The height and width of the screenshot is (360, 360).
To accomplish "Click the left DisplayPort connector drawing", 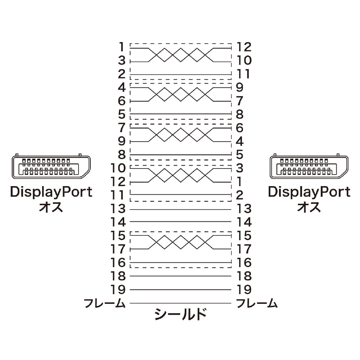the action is [x=51, y=166].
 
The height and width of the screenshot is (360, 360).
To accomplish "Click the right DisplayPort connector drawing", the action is [x=309, y=166].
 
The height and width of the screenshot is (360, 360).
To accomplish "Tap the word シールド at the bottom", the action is [x=180, y=314].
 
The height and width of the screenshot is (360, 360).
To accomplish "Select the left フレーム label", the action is [x=105, y=303].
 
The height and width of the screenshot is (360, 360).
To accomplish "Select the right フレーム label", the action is [x=257, y=303].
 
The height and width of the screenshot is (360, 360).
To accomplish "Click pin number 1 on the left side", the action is [x=122, y=47].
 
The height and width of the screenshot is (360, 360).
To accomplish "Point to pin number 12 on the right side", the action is [x=244, y=47].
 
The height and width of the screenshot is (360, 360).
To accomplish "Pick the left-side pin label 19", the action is [x=118, y=289].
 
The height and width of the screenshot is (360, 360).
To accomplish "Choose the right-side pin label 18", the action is [x=244, y=276].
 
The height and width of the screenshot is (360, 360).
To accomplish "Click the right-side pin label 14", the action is [x=244, y=222].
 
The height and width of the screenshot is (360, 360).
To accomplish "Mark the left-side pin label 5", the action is [x=122, y=114].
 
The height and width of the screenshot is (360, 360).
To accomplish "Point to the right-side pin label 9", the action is [x=240, y=87].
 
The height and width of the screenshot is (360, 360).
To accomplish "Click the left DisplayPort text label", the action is [x=51, y=192].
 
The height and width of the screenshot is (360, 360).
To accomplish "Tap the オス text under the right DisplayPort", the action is [x=309, y=207].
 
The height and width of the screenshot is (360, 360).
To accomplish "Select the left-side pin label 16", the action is [x=118, y=262].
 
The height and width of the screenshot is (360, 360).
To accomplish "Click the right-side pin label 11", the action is [x=243, y=74].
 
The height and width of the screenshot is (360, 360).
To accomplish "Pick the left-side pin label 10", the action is [x=118, y=168].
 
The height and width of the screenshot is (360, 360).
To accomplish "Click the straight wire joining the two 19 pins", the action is [x=180, y=289].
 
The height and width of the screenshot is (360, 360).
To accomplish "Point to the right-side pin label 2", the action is [x=240, y=195].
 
